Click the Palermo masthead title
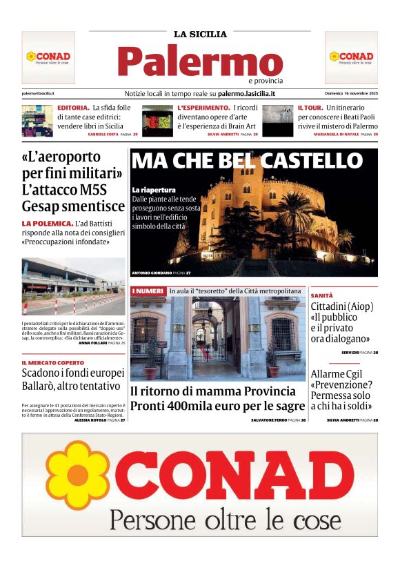point(200,62)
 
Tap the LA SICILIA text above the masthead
point(200,34)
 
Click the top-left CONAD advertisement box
point(48,57)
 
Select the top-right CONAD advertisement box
point(351,57)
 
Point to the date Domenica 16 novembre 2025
point(351,93)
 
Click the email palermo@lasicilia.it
point(39,93)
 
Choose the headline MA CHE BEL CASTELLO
point(247,161)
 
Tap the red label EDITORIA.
point(73,108)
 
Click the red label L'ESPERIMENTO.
point(203,108)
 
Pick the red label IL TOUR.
point(310,108)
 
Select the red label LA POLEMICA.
point(48,224)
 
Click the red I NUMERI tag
point(148,291)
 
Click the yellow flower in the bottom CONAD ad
point(72,475)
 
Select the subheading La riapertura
point(154,190)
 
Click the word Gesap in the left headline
point(44,206)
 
